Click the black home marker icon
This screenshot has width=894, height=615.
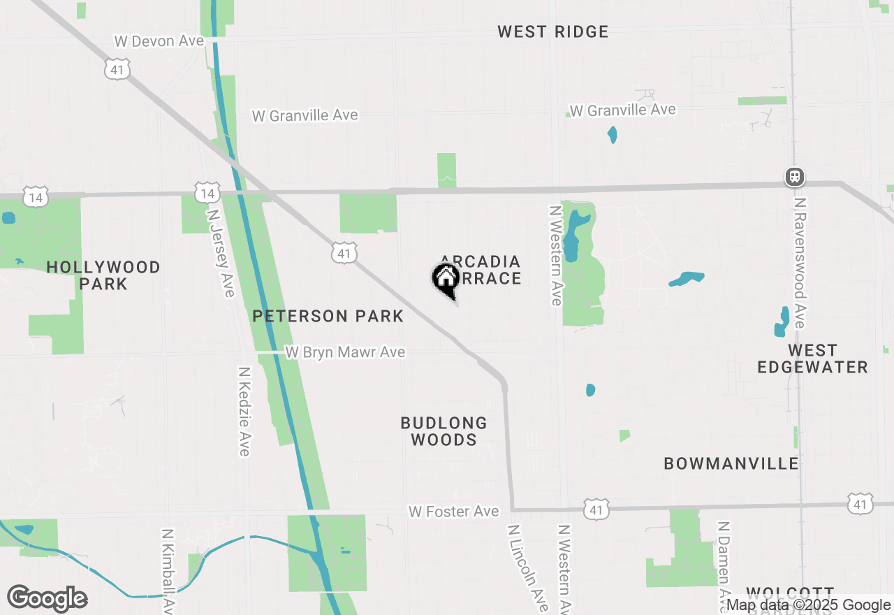[x=446, y=280]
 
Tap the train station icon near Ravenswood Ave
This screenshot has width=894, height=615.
[x=794, y=177]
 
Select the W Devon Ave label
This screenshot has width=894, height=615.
[x=159, y=41]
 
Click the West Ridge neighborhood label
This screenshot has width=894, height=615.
[x=552, y=31]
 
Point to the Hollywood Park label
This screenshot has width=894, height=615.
[x=103, y=275]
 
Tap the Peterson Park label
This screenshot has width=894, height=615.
[x=328, y=316]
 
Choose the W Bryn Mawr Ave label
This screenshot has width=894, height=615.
[x=345, y=352]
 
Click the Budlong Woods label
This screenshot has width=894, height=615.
[x=444, y=431]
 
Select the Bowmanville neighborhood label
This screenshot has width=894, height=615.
[x=731, y=463]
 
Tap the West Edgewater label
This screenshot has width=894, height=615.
[x=813, y=359]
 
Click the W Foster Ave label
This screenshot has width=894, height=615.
[x=453, y=512]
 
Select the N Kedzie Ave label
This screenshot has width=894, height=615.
[x=244, y=412]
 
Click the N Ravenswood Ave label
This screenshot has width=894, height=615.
[x=800, y=262]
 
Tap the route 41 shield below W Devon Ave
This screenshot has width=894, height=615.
[x=118, y=69]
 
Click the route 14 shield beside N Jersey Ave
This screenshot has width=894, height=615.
[x=207, y=194]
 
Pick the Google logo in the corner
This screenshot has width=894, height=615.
[x=47, y=599]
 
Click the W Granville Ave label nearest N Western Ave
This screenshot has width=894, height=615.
[x=622, y=110]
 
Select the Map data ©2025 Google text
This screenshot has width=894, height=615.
[x=808, y=605]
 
